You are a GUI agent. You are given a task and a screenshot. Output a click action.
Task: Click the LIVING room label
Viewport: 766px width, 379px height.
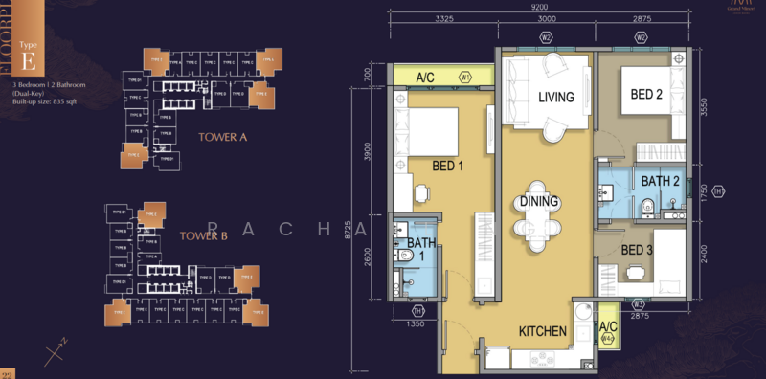pyautogui.click(x=554, y=98)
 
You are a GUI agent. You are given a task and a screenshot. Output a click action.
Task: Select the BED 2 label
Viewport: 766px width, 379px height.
pyautogui.click(x=646, y=94)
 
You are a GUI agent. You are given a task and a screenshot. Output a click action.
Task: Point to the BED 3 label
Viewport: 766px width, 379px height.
pyautogui.click(x=638, y=250)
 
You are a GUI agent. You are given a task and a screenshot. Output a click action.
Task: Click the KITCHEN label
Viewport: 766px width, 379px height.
pyautogui.click(x=543, y=332)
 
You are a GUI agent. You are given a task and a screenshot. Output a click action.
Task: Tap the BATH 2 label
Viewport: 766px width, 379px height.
pyautogui.click(x=660, y=181)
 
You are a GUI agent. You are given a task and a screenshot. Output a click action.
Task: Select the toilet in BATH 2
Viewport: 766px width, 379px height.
pyautogui.click(x=648, y=203)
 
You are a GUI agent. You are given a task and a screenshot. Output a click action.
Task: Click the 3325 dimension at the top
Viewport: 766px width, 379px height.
pyautogui.click(x=443, y=18)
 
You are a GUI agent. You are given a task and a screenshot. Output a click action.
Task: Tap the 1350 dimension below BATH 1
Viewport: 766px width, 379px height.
pyautogui.click(x=416, y=324)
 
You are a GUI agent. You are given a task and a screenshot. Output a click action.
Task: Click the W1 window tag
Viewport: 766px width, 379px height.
pyautogui.click(x=465, y=77)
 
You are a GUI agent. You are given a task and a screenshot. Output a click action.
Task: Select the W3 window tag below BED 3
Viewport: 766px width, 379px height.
pyautogui.click(x=638, y=303)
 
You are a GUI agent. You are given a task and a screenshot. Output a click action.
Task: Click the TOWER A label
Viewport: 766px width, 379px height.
pyautogui.click(x=223, y=137)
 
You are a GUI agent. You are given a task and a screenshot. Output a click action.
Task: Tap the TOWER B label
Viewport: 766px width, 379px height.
pyautogui.click(x=201, y=234)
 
